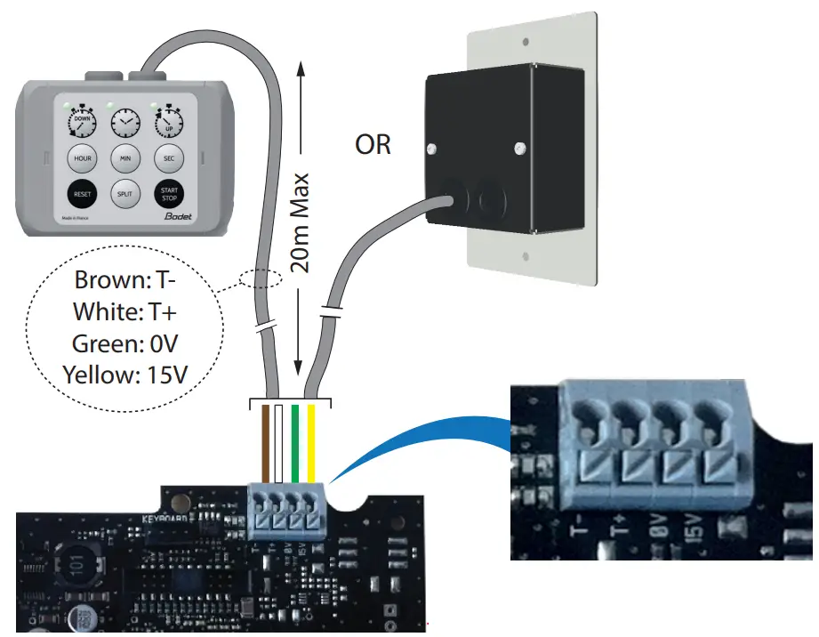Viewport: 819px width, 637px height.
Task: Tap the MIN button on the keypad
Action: coord(124,158)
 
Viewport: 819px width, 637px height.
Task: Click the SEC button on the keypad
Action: coord(168,158)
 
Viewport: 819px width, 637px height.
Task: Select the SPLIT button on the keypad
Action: coord(124,193)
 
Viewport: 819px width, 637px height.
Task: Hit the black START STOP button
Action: coord(168,193)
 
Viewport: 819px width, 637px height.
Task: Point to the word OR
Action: coord(373,144)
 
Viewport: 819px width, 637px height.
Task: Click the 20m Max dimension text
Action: coord(299,222)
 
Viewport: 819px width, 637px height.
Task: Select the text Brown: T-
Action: coord(124,280)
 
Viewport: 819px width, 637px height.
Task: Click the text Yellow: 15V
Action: coord(124,374)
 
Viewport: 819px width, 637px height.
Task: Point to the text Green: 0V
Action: coord(124,343)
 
